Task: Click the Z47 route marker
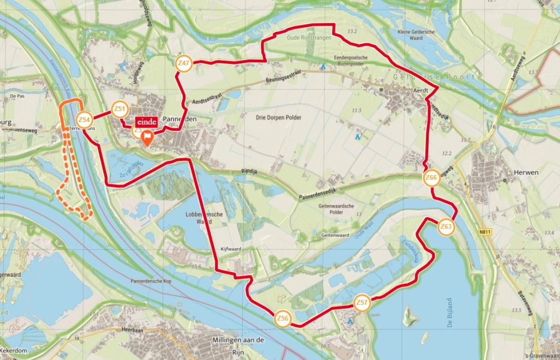tap(184, 63)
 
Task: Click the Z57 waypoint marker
tap(361, 303)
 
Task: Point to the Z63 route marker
tap(446, 227)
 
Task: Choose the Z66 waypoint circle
tap(431, 178)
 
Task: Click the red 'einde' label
tap(147, 121)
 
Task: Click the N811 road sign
tap(482, 232)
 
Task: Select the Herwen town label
tap(526, 172)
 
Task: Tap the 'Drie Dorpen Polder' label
tap(278, 117)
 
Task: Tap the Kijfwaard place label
tap(232, 248)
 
